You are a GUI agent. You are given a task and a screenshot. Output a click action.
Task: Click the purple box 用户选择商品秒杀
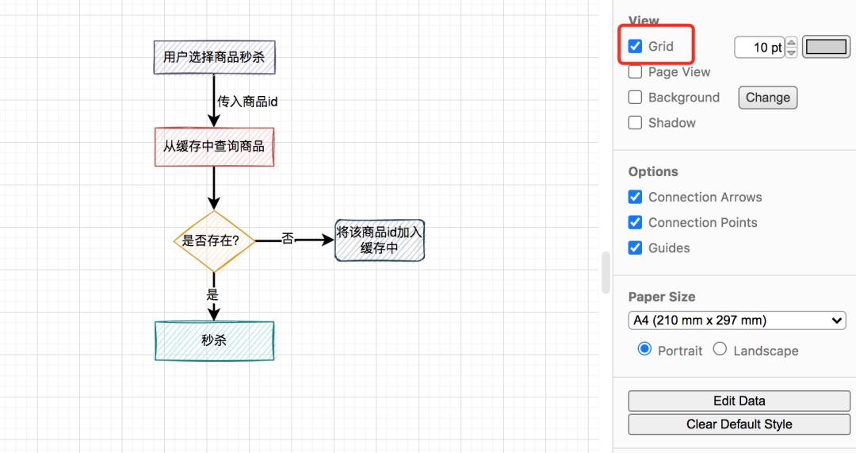pyautogui.click(x=214, y=57)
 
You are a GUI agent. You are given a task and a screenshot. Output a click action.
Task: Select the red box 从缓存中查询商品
pyautogui.click(x=214, y=147)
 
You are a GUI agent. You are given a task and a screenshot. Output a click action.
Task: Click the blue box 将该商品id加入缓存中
pyautogui.click(x=380, y=240)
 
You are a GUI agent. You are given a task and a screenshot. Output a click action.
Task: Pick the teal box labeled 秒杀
pyautogui.click(x=214, y=340)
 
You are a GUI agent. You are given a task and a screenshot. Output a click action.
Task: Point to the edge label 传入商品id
pyautogui.click(x=247, y=102)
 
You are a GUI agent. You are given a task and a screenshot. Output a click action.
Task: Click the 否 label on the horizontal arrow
pyautogui.click(x=287, y=238)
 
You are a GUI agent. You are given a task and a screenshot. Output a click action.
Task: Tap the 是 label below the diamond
pyautogui.click(x=212, y=294)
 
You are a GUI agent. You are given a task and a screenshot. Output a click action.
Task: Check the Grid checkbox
pyautogui.click(x=635, y=46)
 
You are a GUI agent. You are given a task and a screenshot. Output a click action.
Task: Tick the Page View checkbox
pyautogui.click(x=635, y=72)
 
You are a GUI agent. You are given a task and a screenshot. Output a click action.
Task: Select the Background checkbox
pyautogui.click(x=635, y=98)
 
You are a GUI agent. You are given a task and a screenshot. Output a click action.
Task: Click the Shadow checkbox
pyautogui.click(x=635, y=123)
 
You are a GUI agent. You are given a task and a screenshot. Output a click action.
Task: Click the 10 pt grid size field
pyautogui.click(x=759, y=48)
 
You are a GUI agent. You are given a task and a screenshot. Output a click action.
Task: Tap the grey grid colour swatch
pyautogui.click(x=826, y=47)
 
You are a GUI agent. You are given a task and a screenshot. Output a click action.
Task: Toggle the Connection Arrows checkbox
pyautogui.click(x=635, y=197)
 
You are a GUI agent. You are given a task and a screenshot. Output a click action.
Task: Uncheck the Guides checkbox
pyautogui.click(x=635, y=248)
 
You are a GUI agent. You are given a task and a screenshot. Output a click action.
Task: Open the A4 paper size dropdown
pyautogui.click(x=737, y=321)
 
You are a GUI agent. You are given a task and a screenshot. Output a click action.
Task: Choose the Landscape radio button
pyautogui.click(x=720, y=349)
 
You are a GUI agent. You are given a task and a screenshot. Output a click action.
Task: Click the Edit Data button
pyautogui.click(x=739, y=401)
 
